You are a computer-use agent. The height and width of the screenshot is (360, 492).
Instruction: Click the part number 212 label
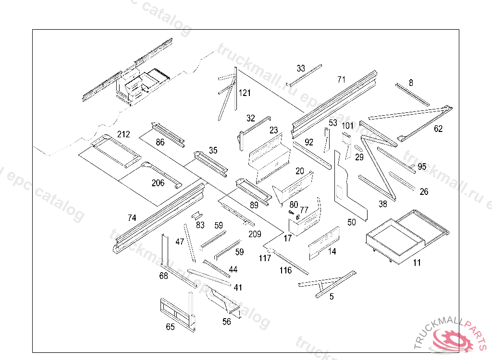(123, 134)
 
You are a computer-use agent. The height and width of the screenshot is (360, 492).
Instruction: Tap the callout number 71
(341, 79)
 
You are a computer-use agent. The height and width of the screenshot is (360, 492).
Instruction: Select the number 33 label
(301, 69)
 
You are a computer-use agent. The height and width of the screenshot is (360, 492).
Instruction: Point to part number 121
(245, 93)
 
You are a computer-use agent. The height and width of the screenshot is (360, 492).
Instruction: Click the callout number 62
(438, 129)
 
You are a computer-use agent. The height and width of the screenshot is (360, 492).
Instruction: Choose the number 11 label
(417, 263)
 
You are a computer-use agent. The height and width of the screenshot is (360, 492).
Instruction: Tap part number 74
(132, 217)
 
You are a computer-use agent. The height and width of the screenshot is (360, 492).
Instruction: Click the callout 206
(158, 183)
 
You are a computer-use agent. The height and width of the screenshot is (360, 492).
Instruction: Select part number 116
(285, 271)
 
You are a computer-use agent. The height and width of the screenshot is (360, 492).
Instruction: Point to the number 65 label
(170, 327)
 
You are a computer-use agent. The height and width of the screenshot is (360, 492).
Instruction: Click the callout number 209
(255, 234)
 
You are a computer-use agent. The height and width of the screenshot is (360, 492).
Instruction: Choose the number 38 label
(382, 204)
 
